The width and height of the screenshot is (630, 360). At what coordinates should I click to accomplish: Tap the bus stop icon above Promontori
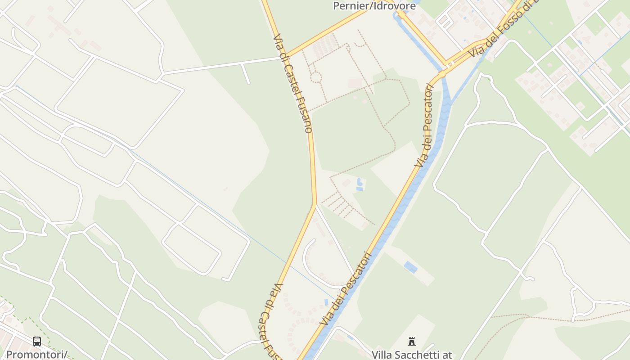[37, 342]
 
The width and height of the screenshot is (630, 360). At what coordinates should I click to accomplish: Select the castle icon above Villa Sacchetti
[411, 342]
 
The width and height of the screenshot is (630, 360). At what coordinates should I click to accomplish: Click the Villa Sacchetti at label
[412, 355]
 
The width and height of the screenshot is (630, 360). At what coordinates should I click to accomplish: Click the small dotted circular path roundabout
[316, 77]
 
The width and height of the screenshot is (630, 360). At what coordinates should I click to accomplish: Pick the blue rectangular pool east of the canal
[410, 267]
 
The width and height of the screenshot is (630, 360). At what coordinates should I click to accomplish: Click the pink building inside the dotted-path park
[355, 84]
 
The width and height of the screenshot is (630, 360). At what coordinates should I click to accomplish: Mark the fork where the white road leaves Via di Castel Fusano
[315, 205]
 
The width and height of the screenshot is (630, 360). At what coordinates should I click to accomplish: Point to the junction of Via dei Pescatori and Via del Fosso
[443, 72]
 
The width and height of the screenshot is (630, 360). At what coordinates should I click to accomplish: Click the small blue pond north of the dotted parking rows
[359, 184]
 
